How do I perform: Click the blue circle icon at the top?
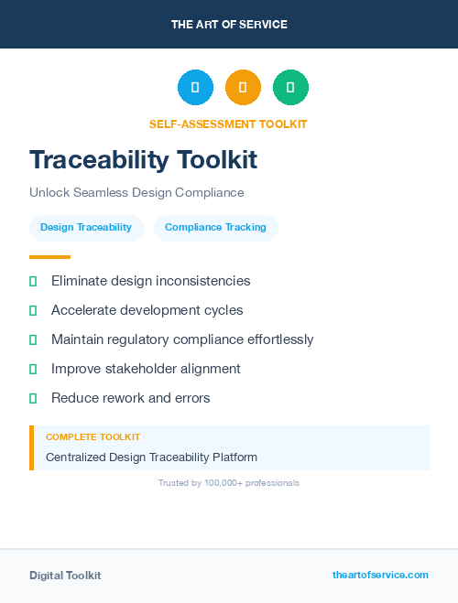coord(195,88)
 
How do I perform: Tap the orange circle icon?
coord(243,88)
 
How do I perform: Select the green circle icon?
coord(290,88)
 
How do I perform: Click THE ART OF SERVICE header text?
coord(229,25)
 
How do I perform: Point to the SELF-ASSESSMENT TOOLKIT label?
coord(228,124)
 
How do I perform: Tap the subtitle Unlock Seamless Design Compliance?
coord(136,193)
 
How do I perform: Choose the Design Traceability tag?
coord(86,227)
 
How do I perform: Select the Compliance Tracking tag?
coord(215,227)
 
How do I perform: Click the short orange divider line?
coord(49,257)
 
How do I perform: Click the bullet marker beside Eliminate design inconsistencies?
coord(33,281)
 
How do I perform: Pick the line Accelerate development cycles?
coord(147,310)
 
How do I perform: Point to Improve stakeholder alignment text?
coord(146,369)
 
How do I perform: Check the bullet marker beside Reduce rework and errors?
coord(33,398)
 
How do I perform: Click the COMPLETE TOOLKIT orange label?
coord(93,437)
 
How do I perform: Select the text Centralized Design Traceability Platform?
coord(151,457)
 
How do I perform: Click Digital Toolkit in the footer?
coord(65,576)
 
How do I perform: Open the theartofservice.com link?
coord(380,575)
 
